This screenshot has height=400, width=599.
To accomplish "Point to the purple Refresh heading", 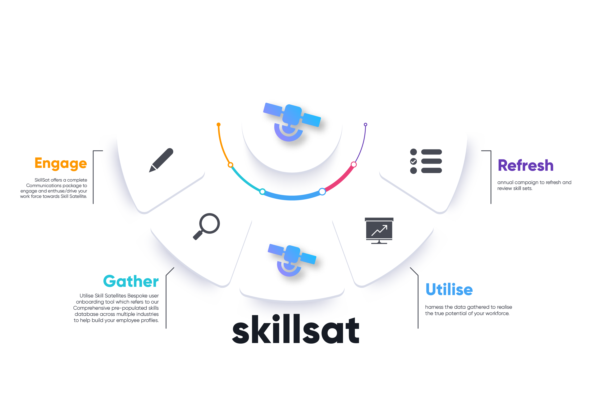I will tap(526, 165).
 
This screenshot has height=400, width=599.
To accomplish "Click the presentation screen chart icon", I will tap(379, 230).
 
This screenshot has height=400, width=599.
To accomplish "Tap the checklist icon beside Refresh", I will tap(426, 161).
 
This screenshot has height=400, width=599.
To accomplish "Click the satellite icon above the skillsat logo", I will tap(292, 260).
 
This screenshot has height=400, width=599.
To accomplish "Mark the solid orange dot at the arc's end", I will tap(218, 125).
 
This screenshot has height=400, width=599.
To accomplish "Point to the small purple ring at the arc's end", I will tap(365, 125).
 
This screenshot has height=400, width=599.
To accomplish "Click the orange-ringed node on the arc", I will tap(230, 165).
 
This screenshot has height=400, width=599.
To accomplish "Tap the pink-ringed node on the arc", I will tap(354, 165).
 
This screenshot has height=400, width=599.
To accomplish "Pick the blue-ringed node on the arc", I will tap(322, 191).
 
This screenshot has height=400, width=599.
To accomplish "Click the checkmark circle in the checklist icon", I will tap(413, 161).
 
